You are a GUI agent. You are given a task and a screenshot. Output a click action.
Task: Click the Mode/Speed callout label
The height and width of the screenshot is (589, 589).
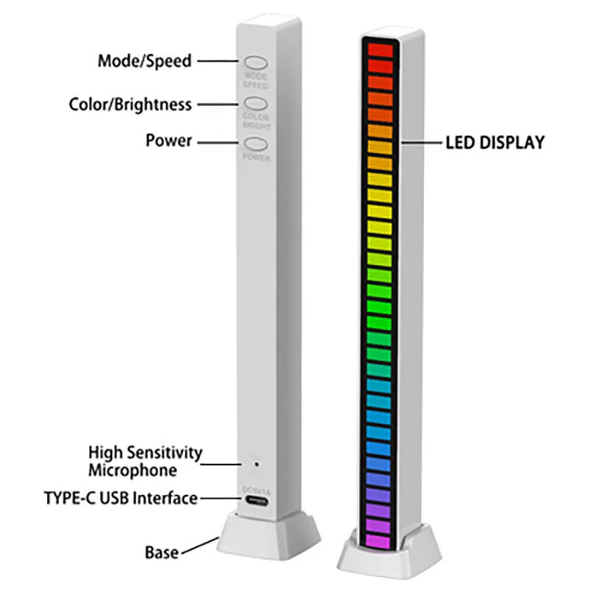[144, 60]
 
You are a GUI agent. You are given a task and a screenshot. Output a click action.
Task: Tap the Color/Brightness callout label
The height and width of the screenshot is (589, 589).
[130, 104]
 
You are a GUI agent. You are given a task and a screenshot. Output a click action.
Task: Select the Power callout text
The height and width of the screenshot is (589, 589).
[169, 140]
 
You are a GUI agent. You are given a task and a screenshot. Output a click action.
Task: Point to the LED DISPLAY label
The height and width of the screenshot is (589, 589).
[495, 142]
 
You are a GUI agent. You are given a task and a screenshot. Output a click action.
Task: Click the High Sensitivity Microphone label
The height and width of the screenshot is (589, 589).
[144, 461]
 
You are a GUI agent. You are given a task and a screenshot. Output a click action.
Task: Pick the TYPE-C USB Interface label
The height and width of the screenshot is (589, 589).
[120, 498]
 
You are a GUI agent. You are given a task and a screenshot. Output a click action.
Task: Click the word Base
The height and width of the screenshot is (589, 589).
[161, 551]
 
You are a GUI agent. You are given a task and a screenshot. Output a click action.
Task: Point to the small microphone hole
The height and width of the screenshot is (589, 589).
[256, 464]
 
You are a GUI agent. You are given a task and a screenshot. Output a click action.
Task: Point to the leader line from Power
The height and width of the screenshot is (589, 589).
[221, 141]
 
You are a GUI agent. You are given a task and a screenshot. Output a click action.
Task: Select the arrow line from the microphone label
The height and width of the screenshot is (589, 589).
[225, 464]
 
